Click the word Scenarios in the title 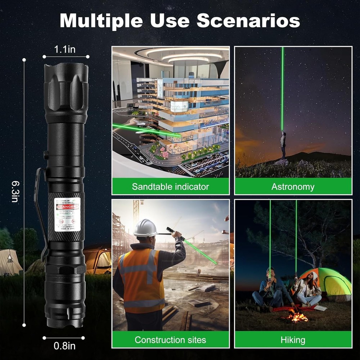click(x=248, y=21)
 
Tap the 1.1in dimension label click(x=65, y=49)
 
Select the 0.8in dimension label click(x=64, y=346)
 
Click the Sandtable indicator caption click(x=170, y=186)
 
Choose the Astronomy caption click(x=293, y=186)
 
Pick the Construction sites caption click(x=170, y=339)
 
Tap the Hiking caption click(x=293, y=339)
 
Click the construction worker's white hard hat click(x=145, y=228)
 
